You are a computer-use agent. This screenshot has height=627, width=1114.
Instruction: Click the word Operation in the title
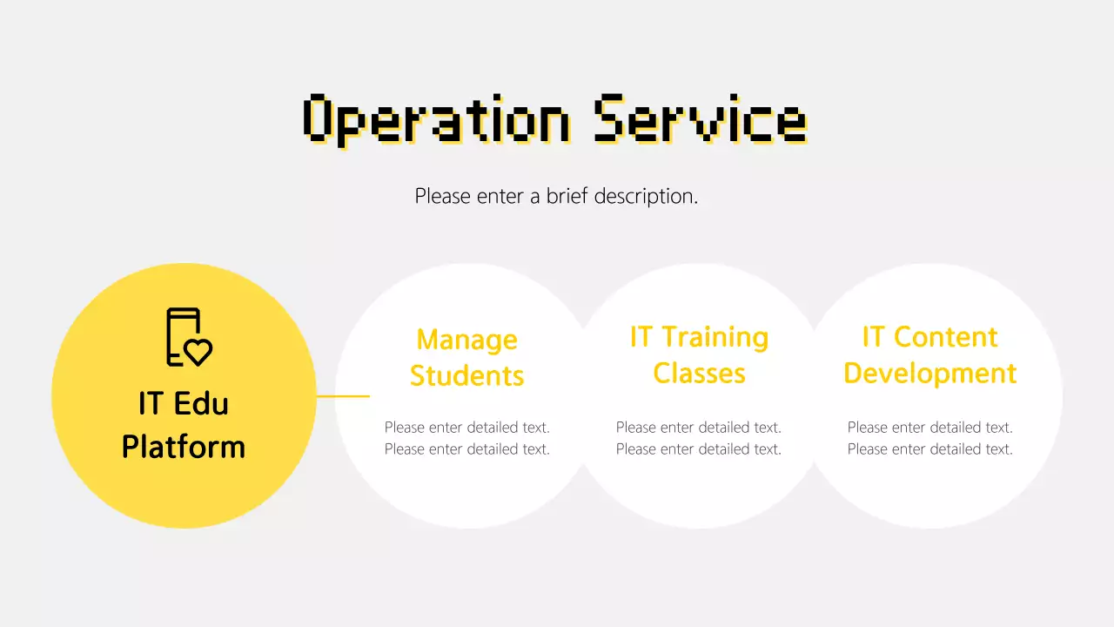(437, 119)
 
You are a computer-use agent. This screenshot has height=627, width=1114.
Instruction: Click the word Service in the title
(700, 119)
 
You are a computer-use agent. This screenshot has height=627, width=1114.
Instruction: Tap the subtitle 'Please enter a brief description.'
(556, 196)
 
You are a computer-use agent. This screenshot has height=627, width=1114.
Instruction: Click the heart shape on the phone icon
(198, 351)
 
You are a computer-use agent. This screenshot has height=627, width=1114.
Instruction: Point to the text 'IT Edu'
(184, 403)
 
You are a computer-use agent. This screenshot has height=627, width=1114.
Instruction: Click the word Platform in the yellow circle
(184, 447)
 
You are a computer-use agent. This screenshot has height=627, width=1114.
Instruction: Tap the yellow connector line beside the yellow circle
(343, 396)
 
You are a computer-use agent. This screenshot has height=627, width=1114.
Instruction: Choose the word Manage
(466, 339)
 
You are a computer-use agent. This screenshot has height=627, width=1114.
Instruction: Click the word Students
(466, 375)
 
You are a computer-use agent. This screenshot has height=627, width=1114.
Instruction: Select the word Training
(715, 336)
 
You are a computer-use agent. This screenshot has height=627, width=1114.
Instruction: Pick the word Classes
(699, 373)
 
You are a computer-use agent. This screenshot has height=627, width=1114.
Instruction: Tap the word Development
(929, 373)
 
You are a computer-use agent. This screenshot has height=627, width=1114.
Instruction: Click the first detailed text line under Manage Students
(466, 428)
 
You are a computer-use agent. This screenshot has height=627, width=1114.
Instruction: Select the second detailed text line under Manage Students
(466, 449)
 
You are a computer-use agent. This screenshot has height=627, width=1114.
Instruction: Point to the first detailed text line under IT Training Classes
(698, 428)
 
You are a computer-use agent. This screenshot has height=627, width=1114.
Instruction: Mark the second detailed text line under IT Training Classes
(698, 449)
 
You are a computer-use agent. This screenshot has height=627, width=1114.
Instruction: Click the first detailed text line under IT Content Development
(929, 428)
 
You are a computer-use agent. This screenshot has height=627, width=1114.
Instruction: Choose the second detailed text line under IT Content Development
(929, 449)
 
